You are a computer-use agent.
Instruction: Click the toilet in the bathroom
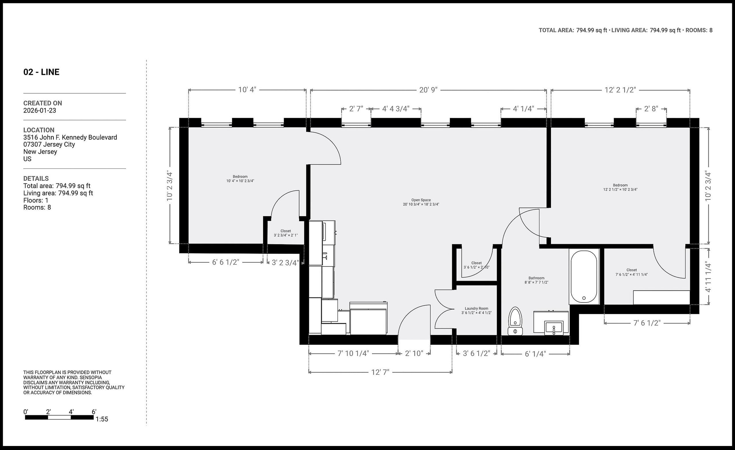[515, 321]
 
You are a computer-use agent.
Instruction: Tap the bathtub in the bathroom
[584, 276]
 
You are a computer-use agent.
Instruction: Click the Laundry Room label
[476, 311]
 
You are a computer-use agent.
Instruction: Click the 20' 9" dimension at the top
[428, 90]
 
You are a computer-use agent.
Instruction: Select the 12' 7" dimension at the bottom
[380, 372]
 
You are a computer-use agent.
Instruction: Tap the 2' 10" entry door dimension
[414, 353]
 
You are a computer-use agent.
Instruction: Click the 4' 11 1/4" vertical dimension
[708, 277]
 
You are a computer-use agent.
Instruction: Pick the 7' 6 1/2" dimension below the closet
[647, 323]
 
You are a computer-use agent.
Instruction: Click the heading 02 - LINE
[41, 72]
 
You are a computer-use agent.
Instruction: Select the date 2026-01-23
[40, 110]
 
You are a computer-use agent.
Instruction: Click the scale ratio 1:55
[102, 419]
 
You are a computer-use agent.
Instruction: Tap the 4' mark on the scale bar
[71, 412]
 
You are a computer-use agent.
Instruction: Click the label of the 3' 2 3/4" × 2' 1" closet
[285, 233]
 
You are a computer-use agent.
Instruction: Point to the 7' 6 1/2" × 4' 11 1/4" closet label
[631, 272]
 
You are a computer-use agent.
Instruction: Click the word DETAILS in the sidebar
[36, 178]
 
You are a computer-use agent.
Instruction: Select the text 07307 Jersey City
[49, 144]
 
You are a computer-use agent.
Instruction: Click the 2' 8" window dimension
[651, 109]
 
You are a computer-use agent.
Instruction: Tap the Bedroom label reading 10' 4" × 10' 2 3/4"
[240, 179]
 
